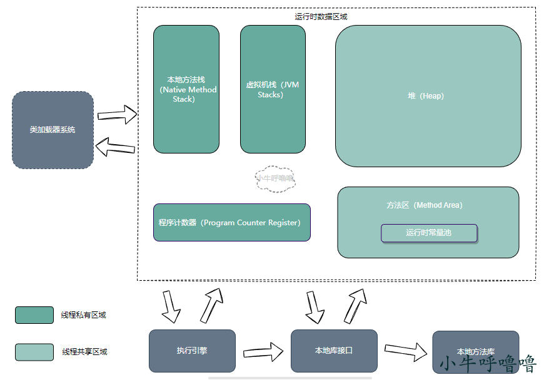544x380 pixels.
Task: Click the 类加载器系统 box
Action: (x=53, y=130)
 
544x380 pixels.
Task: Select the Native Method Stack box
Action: (x=186, y=89)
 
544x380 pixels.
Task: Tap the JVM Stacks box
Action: (x=273, y=89)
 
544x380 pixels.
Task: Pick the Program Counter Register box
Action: (x=232, y=222)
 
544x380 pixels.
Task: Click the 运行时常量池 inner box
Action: (x=429, y=233)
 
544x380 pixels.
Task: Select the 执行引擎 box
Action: (x=192, y=351)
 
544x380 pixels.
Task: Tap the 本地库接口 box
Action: (x=334, y=351)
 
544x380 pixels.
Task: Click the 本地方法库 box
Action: (x=475, y=351)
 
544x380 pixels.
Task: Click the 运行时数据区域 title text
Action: (x=321, y=17)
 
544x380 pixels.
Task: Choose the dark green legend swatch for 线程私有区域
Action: (x=34, y=315)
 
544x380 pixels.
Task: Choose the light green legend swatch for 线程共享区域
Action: (x=34, y=352)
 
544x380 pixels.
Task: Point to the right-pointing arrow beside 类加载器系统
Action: (x=118, y=115)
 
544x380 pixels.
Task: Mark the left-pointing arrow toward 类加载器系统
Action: (x=115, y=147)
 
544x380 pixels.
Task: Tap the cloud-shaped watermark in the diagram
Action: (x=275, y=178)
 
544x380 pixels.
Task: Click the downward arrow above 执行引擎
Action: (x=171, y=304)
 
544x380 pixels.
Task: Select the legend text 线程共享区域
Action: (x=84, y=352)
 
